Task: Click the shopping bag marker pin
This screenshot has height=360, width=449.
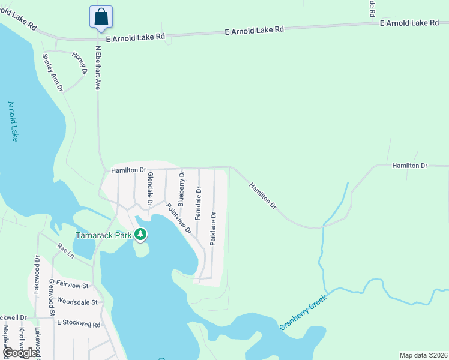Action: (101, 17)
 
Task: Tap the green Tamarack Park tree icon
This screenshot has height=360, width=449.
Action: (140, 234)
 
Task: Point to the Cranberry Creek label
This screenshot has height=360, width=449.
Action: (303, 313)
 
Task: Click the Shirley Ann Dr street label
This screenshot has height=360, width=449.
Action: (52, 72)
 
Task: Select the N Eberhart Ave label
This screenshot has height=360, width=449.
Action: (97, 68)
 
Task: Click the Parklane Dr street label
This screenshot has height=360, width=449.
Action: (212, 228)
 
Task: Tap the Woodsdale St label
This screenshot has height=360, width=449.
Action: (76, 302)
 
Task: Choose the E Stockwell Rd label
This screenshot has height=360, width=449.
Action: (79, 323)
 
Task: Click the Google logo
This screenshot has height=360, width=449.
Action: (20, 353)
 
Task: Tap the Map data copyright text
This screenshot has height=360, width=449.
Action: (423, 355)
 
